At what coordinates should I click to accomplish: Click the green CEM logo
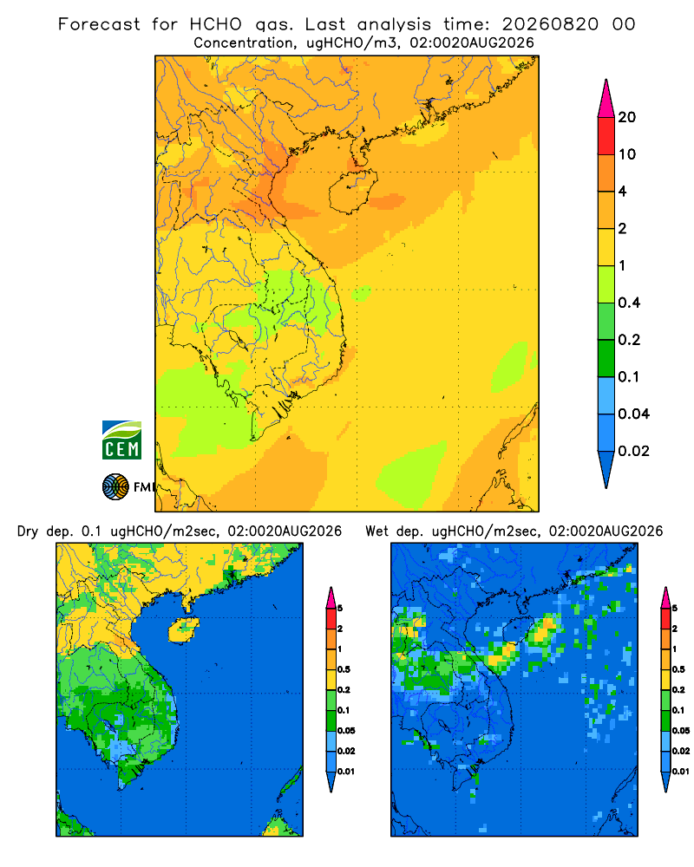pyautogui.click(x=121, y=440)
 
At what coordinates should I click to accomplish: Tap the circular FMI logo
pyautogui.click(x=115, y=487)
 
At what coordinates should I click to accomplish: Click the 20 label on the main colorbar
pyautogui.click(x=627, y=117)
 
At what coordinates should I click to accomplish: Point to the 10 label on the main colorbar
pyautogui.click(x=627, y=154)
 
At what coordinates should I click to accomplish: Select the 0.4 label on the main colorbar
pyautogui.click(x=629, y=303)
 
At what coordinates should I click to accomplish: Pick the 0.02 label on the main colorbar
pyautogui.click(x=633, y=451)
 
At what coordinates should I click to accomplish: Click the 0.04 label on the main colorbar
pyautogui.click(x=633, y=414)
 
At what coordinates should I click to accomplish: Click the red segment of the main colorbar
pyautogui.click(x=606, y=136)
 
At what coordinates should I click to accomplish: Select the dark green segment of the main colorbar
pyautogui.click(x=606, y=358)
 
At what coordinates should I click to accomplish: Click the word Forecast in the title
pyautogui.click(x=99, y=24)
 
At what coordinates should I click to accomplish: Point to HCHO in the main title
pyautogui.click(x=216, y=24)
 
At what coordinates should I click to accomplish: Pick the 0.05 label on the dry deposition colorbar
pyautogui.click(x=346, y=730)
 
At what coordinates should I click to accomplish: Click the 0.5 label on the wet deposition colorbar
pyautogui.click(x=678, y=669)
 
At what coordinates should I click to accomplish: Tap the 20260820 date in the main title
pyautogui.click(x=550, y=24)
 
